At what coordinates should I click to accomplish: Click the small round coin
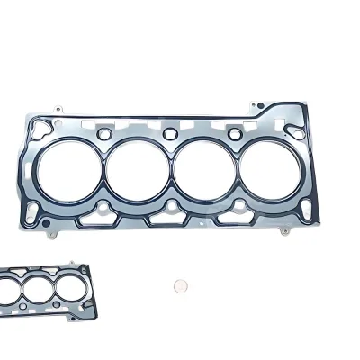tap(180, 286)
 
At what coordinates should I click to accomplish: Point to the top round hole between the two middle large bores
tap(170, 136)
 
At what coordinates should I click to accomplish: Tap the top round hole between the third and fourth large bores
tap(236, 136)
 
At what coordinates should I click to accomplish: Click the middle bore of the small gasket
tap(39, 289)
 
